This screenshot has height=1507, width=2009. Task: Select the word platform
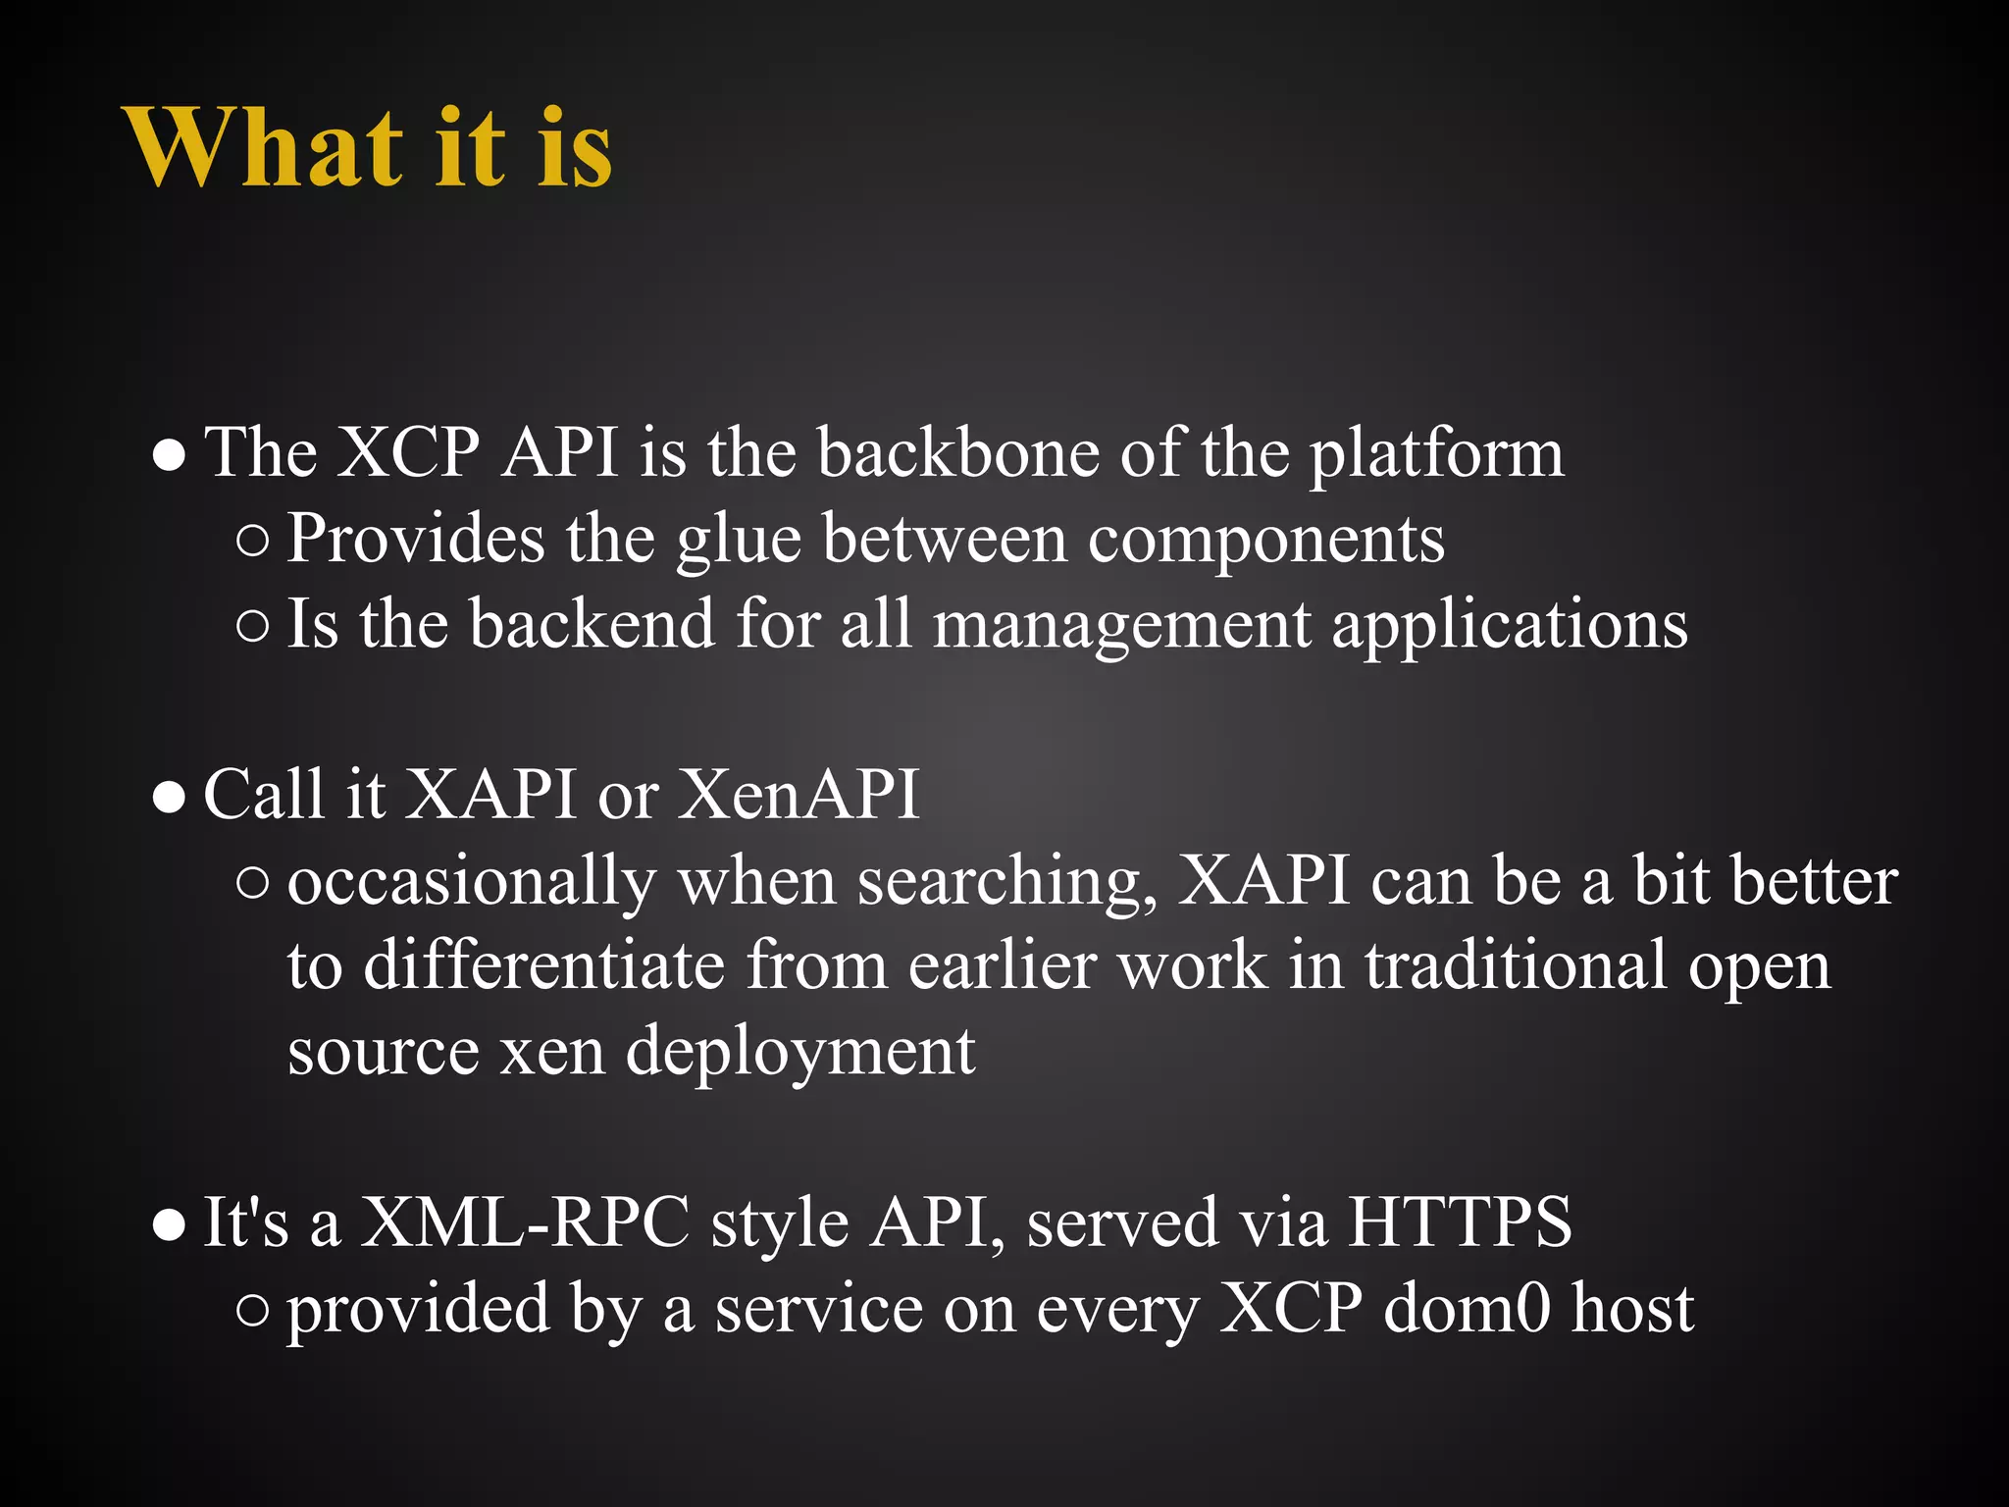[x=1437, y=456]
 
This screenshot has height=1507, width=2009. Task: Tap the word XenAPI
[x=798, y=795]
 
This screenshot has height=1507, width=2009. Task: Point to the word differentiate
[x=544, y=966]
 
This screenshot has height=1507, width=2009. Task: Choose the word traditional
[x=1516, y=966]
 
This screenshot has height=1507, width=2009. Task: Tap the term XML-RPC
[x=525, y=1223]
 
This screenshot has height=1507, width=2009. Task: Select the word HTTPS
[x=1460, y=1223]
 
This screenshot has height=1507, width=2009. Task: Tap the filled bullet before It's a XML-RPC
[x=169, y=1226]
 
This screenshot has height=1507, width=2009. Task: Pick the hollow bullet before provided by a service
[x=252, y=1312]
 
